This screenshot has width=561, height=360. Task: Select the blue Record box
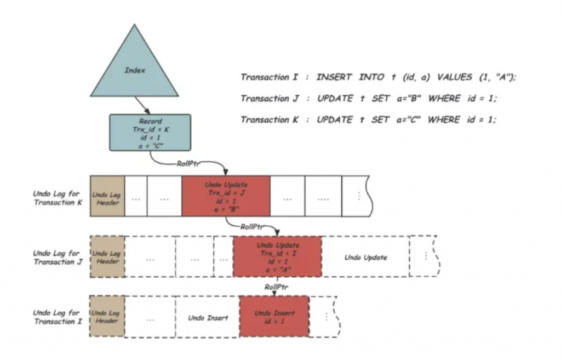coord(150,132)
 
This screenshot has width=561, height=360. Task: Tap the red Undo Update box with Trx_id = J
coord(225,196)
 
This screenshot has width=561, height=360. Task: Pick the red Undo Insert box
coord(274,316)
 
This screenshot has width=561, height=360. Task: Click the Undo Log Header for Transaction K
coord(107,196)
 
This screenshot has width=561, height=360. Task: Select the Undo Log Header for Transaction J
coord(107,257)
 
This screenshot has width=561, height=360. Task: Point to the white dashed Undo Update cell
coord(365,257)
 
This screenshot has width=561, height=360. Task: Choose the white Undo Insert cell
coord(207,317)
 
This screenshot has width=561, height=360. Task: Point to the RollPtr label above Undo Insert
coord(277,287)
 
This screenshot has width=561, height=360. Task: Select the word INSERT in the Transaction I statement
coord(334,77)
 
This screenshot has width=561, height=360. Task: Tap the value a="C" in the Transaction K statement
coord(406,120)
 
